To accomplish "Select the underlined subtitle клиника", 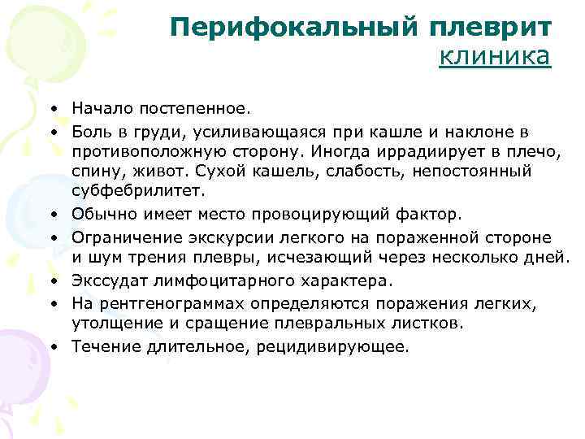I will (495, 57).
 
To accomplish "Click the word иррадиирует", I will (417, 151).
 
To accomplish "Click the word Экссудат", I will (105, 280).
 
